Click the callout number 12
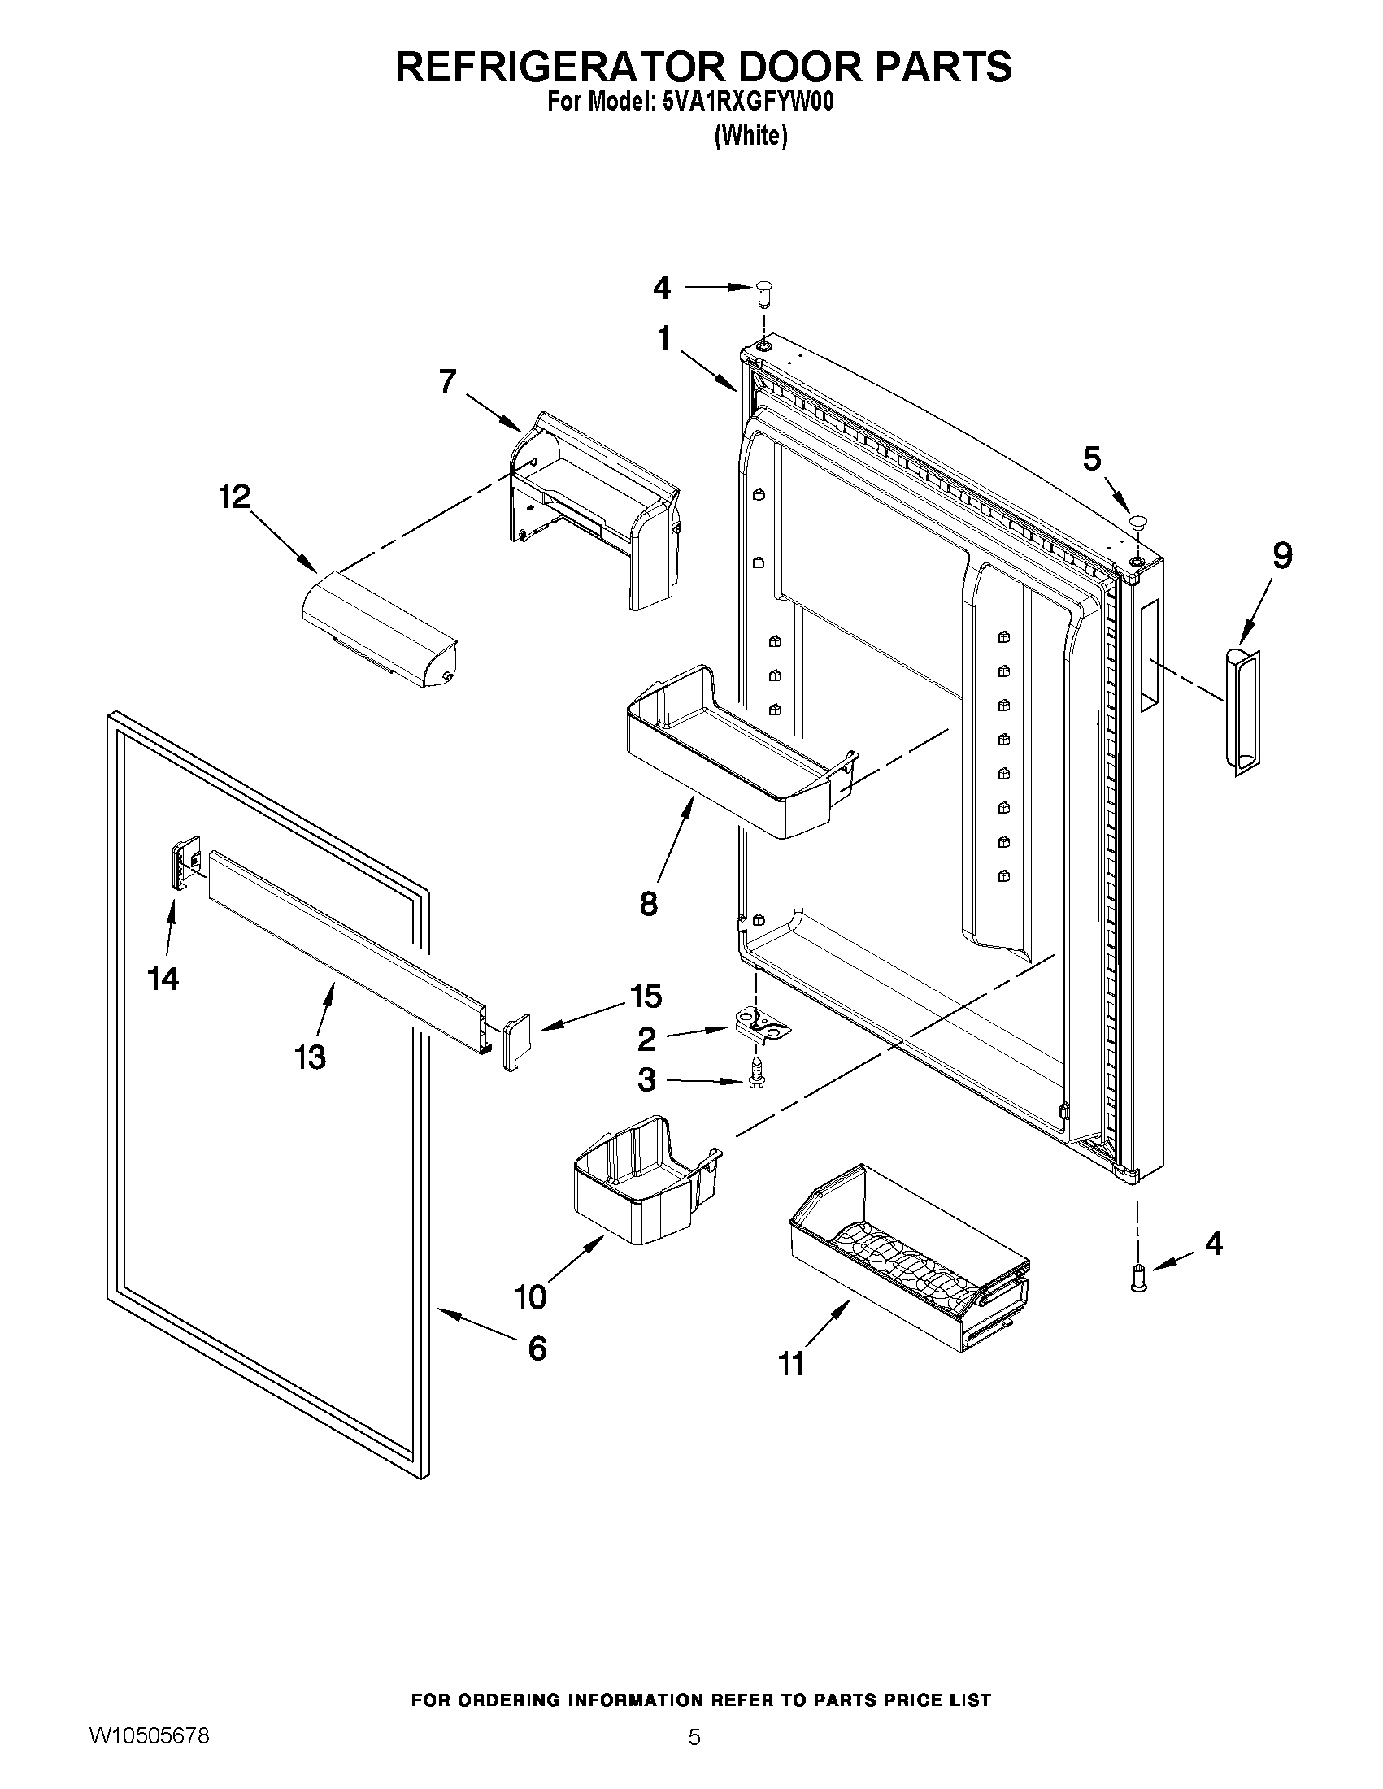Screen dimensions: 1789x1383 coord(234,497)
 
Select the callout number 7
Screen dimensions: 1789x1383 coord(447,382)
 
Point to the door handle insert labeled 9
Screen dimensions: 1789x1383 coord(1242,710)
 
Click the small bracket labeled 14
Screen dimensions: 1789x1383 coord(186,859)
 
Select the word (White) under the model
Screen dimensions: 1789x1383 coord(750,135)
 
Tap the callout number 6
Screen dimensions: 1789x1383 coord(537,1348)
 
